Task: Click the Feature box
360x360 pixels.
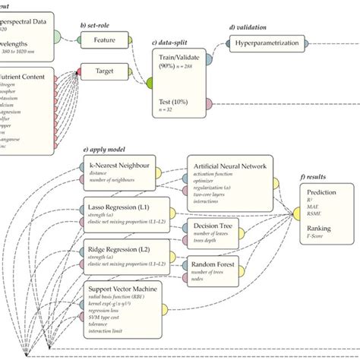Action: coord(104,39)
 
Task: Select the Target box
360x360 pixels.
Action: coord(104,71)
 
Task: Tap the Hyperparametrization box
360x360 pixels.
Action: coord(265,44)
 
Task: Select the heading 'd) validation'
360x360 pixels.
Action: coord(251,27)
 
